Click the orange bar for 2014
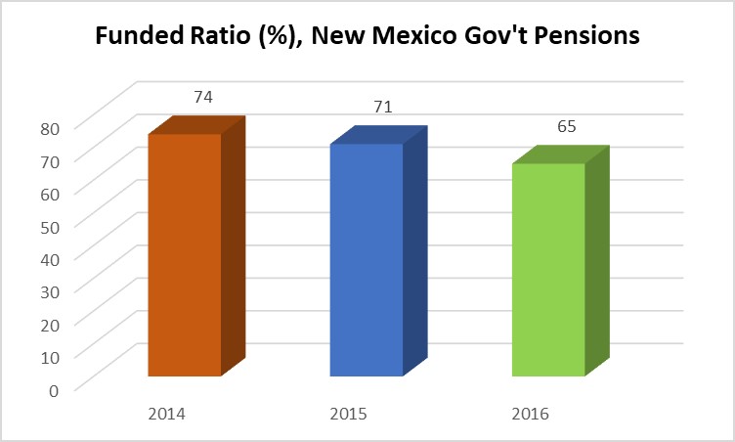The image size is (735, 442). [x=185, y=254]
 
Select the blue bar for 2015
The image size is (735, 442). [x=367, y=259]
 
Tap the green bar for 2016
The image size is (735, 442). [x=548, y=269]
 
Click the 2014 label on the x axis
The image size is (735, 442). [x=167, y=414]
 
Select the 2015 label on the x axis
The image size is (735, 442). [x=349, y=414]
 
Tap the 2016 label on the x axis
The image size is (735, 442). [x=530, y=414]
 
